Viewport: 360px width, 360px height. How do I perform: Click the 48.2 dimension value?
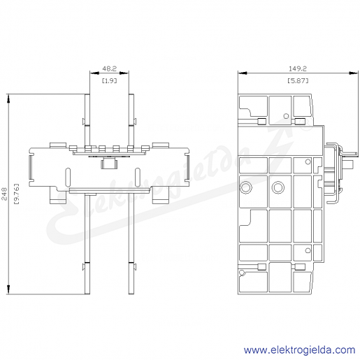109,69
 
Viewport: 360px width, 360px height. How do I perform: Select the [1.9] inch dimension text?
109,80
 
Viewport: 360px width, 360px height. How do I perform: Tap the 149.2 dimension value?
298,69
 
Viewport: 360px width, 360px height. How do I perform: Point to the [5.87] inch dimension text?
298,80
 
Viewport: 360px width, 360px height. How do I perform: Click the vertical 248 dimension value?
4,194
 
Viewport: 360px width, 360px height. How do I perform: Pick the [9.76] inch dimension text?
16,194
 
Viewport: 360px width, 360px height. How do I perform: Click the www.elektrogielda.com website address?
299,350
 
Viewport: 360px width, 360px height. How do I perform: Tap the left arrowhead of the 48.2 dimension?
94,73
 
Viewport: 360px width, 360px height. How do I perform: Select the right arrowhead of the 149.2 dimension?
354,73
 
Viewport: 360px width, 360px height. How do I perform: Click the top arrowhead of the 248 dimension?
8,99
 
